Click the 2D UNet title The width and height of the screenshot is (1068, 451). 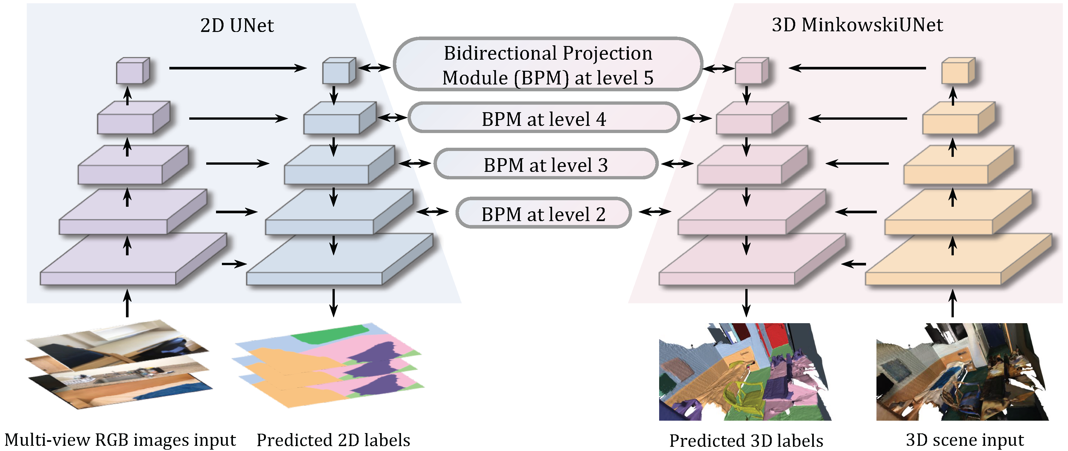point(237,26)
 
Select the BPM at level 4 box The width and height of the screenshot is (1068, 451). point(544,119)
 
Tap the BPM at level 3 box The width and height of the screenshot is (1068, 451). point(546,165)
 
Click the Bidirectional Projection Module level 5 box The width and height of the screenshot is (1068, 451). point(548,65)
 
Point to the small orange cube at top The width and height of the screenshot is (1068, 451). point(958,70)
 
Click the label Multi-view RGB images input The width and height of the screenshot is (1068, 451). point(120,440)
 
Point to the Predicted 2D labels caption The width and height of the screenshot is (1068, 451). point(333,440)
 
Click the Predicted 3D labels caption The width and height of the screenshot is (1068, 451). point(746,441)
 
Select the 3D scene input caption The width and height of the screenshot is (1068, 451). point(965,440)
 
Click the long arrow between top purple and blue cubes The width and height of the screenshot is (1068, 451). point(238,68)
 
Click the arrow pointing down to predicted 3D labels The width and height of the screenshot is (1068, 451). point(746,303)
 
